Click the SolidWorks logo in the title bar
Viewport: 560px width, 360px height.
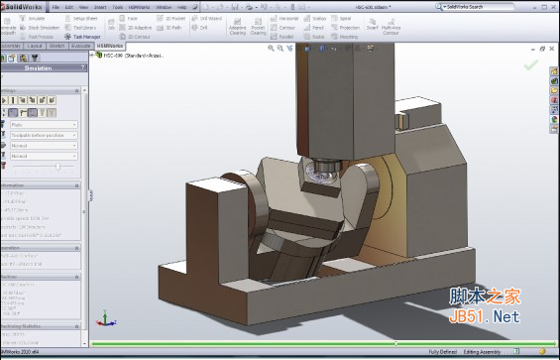point(23,6)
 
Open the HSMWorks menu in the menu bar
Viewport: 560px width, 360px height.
point(136,7)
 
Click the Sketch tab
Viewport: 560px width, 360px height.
point(58,46)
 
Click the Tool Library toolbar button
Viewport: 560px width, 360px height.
point(83,28)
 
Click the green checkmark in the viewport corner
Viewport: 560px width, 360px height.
point(531,65)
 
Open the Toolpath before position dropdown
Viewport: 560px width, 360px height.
point(43,135)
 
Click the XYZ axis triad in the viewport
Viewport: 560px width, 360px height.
point(102,319)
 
